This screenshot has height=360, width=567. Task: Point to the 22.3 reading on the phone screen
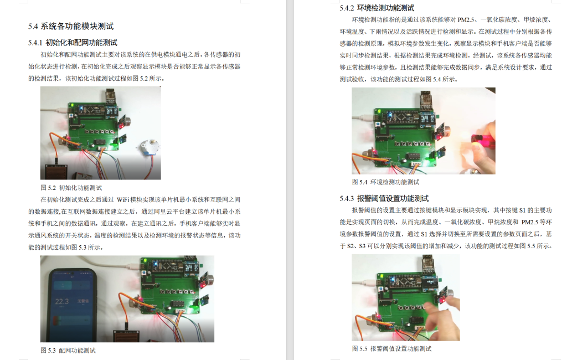coord(62,301)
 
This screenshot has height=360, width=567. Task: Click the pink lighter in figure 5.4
coord(477,138)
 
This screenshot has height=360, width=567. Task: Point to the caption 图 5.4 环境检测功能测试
coord(385,182)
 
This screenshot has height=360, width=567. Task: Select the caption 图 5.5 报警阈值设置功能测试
coord(391,348)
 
